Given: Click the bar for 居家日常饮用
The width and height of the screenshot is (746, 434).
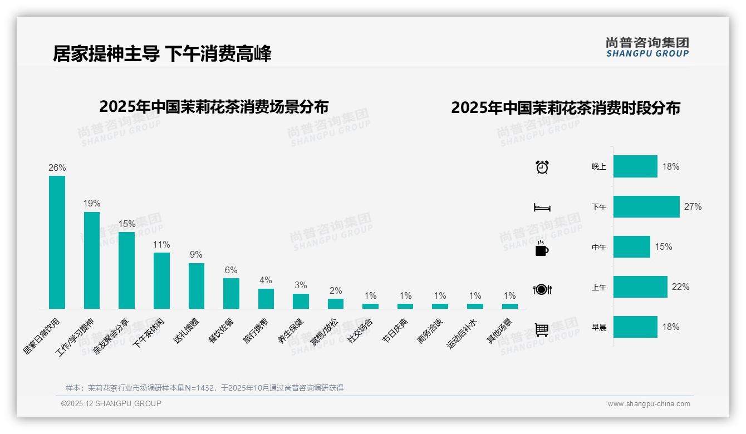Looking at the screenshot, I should [x=57, y=242].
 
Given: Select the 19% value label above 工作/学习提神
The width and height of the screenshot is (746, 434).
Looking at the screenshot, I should [x=92, y=204].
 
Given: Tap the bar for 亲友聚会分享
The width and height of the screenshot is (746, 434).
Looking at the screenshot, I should [x=126, y=270].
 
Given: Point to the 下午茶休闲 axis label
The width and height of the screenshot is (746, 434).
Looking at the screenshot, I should [x=149, y=333].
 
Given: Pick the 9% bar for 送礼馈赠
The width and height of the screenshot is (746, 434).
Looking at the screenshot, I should [x=196, y=286].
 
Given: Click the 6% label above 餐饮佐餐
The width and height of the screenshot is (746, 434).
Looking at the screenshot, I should [x=231, y=270].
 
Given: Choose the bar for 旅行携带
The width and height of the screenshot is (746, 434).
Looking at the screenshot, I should [x=266, y=299].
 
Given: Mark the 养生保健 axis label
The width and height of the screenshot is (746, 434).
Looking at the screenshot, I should [x=291, y=332].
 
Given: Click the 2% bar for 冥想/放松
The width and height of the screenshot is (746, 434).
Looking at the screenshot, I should [x=335, y=304].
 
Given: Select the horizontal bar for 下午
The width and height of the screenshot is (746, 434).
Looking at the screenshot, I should [x=646, y=206].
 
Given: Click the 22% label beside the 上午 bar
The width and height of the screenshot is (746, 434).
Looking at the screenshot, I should [x=680, y=287].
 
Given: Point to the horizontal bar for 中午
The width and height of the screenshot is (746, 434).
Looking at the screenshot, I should [x=631, y=246].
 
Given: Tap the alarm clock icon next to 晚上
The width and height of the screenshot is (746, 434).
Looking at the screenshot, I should [x=542, y=167].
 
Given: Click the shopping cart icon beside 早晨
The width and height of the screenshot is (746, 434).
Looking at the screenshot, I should [x=542, y=329].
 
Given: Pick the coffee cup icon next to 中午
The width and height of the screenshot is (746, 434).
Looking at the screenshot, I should [x=542, y=248].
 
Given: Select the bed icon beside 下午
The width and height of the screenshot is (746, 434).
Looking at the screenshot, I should [x=542, y=208].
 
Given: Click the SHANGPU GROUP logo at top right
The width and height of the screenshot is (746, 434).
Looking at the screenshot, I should [x=647, y=47].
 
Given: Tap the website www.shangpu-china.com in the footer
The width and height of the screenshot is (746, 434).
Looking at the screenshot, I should [x=649, y=404].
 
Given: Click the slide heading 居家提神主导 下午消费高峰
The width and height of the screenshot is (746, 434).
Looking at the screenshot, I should [x=162, y=54].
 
